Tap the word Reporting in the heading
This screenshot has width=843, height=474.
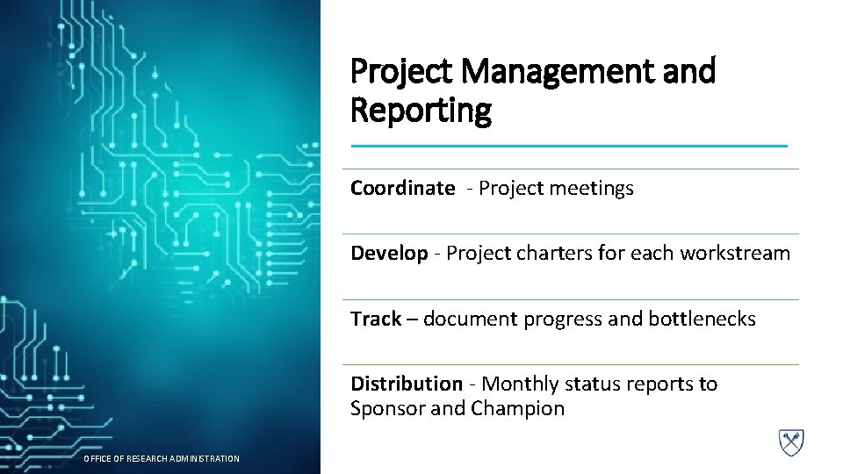[421, 111]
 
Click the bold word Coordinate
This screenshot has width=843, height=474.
[403, 188]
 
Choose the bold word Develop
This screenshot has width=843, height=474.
[389, 254]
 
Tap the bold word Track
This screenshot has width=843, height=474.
[376, 319]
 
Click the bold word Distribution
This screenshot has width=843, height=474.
[406, 384]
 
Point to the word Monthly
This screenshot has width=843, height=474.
[521, 384]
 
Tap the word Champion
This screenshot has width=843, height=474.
[517, 409]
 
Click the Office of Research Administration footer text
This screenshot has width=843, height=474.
[161, 458]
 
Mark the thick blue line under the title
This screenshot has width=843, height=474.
[569, 146]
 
